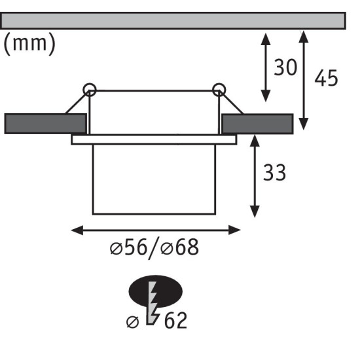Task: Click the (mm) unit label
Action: pyautogui.click(x=29, y=44)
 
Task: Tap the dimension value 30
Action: pyautogui.click(x=285, y=67)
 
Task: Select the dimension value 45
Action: pyautogui.click(x=326, y=78)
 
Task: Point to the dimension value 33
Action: pyautogui.click(x=274, y=172)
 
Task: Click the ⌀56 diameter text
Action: pyautogui.click(x=128, y=247)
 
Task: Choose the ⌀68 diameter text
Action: pyautogui.click(x=179, y=247)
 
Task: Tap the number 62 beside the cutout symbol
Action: pyautogui.click(x=175, y=321)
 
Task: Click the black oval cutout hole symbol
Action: pyautogui.click(x=155, y=291)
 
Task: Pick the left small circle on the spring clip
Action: pyautogui.click(x=90, y=90)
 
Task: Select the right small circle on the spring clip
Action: pyautogui.click(x=219, y=90)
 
